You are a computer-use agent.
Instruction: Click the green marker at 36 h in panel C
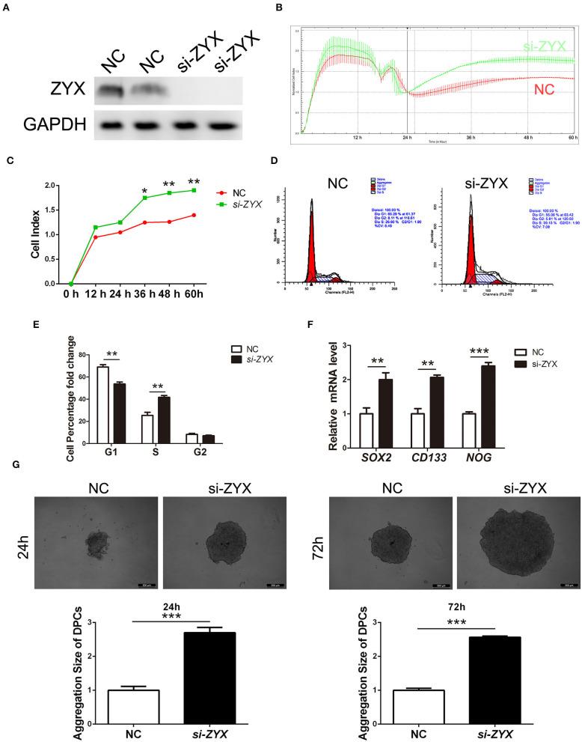(x=144, y=198)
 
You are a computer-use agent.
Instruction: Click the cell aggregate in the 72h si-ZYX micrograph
(x=512, y=525)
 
